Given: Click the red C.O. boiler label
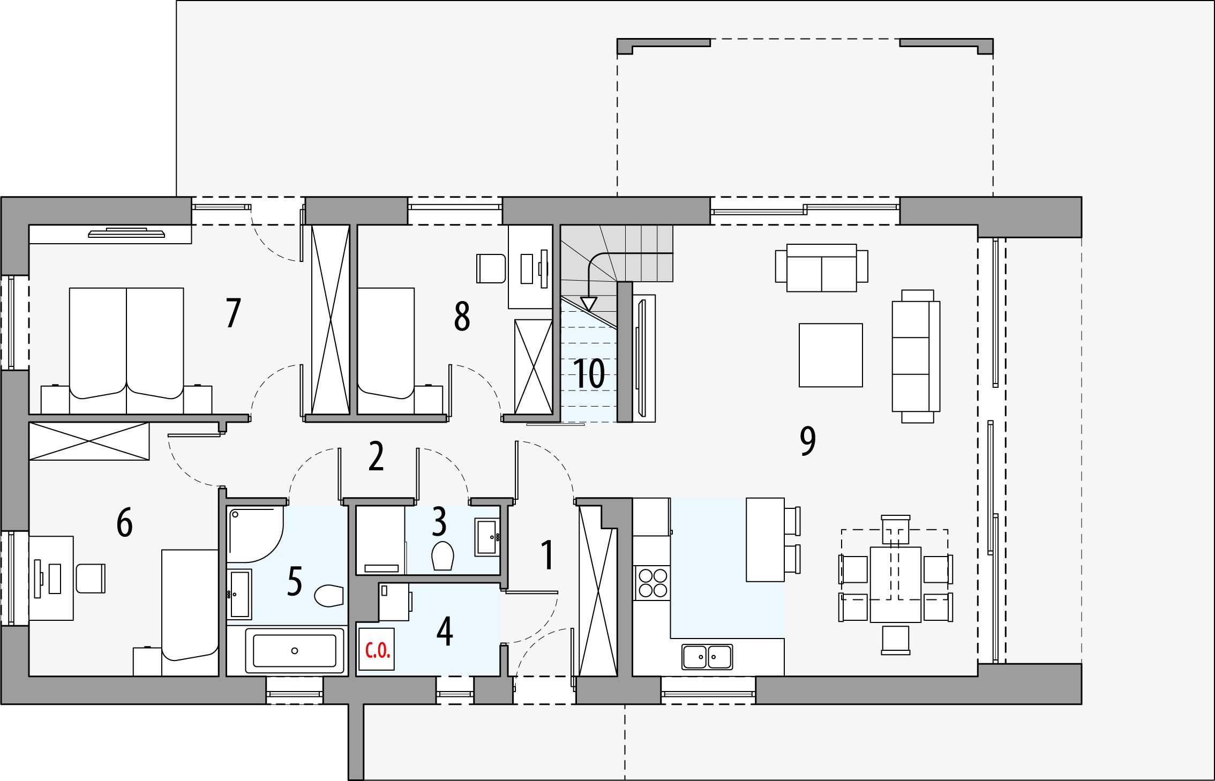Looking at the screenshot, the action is coord(377,651).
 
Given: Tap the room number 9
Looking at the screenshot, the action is coord(807,441).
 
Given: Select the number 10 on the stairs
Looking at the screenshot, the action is coord(589,373).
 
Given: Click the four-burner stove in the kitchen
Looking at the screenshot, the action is coord(652,583).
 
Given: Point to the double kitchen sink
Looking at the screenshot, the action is coord(707,656).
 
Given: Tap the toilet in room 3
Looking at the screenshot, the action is coord(442,555).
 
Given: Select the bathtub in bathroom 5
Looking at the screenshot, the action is coord(294,650).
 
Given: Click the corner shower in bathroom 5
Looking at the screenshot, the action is coord(254,534).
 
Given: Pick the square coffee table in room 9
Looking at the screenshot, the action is coord(831,355).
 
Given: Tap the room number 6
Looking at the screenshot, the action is coord(124,523).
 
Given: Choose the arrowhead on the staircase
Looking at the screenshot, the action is coord(589,304).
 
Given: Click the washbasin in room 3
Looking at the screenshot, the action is coord(487,537).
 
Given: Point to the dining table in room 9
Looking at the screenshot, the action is coord(896,584).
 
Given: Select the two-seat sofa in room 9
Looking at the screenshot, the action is coord(822,268).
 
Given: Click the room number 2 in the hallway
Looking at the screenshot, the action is coord(376,457).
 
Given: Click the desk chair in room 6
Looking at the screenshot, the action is coord(91,578).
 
